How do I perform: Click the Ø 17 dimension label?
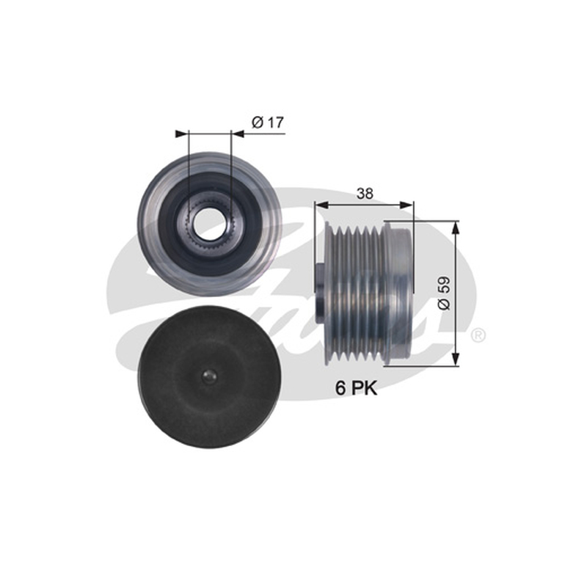click(268, 122)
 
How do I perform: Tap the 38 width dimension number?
click(365, 194)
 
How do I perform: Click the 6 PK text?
click(356, 388)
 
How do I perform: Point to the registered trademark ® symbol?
click(478, 335)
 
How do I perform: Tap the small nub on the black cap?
click(208, 376)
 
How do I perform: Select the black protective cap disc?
click(208, 377)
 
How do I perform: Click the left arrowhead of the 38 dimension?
click(321, 205)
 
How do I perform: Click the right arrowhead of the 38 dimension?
click(406, 205)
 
